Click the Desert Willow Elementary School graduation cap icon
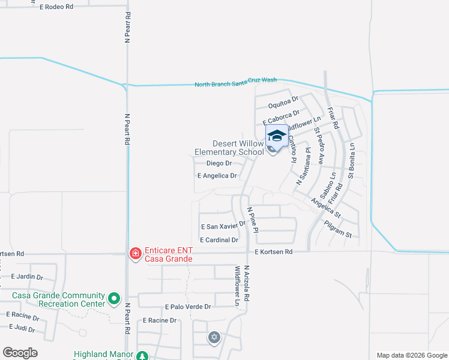click(277, 136)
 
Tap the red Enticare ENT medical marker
click(136, 254)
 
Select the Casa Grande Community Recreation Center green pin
click(114, 298)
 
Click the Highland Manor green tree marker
click(142, 356)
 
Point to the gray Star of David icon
click(214, 338)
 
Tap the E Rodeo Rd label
click(56, 7)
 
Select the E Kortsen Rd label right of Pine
click(273, 252)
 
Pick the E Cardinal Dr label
click(219, 240)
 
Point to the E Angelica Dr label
click(217, 176)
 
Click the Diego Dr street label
click(219, 163)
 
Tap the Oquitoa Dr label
click(283, 101)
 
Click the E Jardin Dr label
click(27, 277)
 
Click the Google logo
click(20, 353)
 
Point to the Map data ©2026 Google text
click(411, 355)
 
